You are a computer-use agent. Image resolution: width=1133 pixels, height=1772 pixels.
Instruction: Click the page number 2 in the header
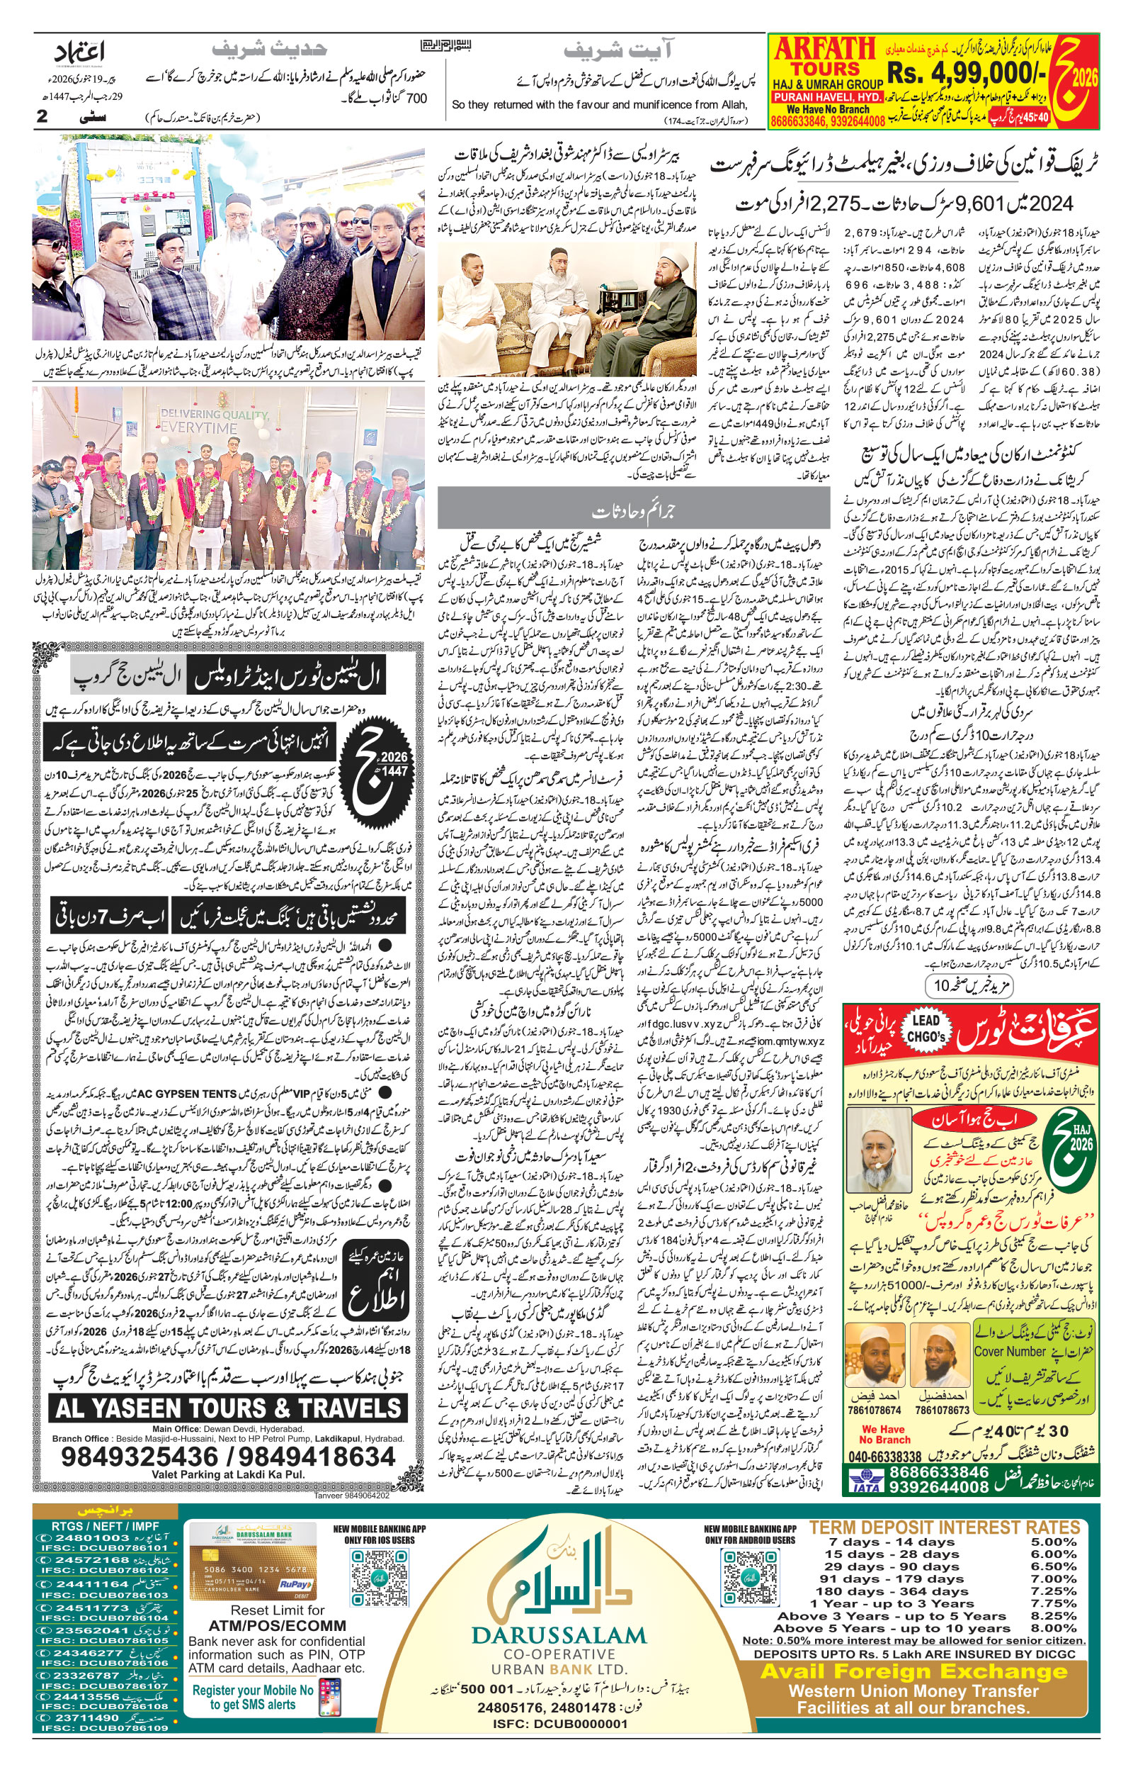tap(42, 116)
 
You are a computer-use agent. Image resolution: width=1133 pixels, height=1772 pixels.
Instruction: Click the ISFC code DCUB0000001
tap(559, 1723)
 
